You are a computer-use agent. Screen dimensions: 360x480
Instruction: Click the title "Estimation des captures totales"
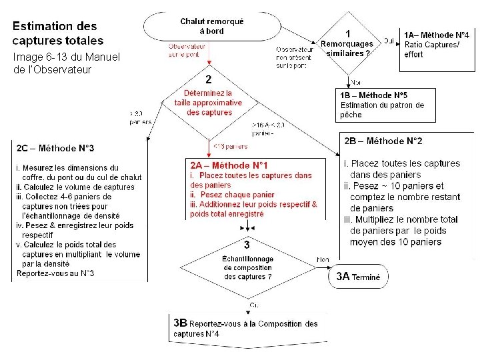click(55, 33)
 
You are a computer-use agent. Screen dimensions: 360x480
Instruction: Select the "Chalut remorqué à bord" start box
click(212, 26)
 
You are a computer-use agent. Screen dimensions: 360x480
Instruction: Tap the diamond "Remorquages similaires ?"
click(347, 44)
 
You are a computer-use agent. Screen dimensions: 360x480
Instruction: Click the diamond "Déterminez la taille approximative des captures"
click(209, 103)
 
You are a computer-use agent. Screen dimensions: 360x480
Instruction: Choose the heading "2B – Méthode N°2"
click(383, 141)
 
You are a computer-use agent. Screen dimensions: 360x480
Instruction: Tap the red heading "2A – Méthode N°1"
click(229, 165)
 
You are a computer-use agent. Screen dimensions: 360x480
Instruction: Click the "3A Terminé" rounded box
click(358, 277)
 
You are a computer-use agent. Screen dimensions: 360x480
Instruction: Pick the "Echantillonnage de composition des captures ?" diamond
click(247, 267)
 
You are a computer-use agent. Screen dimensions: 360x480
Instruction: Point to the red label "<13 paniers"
click(230, 146)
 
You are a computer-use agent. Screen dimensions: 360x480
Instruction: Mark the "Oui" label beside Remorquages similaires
click(388, 41)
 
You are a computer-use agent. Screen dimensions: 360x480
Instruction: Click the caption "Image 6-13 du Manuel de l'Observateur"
click(66, 63)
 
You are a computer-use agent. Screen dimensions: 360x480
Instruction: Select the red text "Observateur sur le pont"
click(186, 51)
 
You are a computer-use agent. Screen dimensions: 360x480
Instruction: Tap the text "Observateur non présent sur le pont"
click(294, 57)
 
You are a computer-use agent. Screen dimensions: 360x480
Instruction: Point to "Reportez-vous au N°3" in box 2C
click(55, 273)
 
